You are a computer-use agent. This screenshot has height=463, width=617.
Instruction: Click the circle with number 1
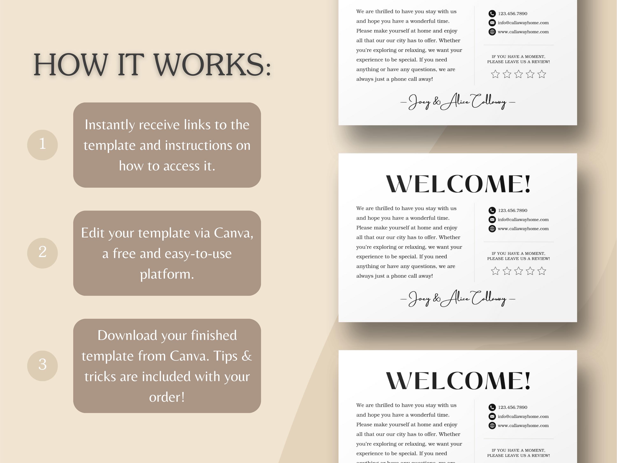click(x=42, y=145)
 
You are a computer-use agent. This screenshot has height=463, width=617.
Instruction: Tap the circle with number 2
click(x=42, y=253)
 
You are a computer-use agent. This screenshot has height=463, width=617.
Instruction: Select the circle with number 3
click(x=42, y=366)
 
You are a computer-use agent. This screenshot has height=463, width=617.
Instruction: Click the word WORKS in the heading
click(x=212, y=65)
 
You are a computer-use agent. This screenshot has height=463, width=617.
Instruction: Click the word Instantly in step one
click(x=110, y=125)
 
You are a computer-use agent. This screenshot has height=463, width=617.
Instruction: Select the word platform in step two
click(x=167, y=274)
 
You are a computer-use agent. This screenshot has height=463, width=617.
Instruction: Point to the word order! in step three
click(x=167, y=397)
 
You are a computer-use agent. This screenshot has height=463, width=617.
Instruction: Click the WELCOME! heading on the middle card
click(x=458, y=184)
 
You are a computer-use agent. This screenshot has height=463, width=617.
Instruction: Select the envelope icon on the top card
click(x=492, y=23)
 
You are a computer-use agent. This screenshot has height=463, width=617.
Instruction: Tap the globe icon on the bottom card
click(x=492, y=426)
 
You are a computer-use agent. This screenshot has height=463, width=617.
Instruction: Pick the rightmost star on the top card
click(x=542, y=74)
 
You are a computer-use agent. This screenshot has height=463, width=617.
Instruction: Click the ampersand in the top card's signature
click(x=437, y=102)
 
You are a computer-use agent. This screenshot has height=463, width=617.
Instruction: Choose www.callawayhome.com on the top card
click(x=523, y=32)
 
